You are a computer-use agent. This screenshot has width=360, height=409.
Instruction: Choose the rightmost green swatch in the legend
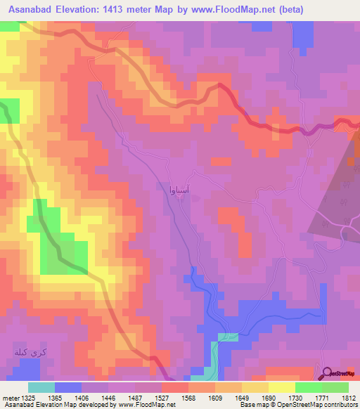335,387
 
